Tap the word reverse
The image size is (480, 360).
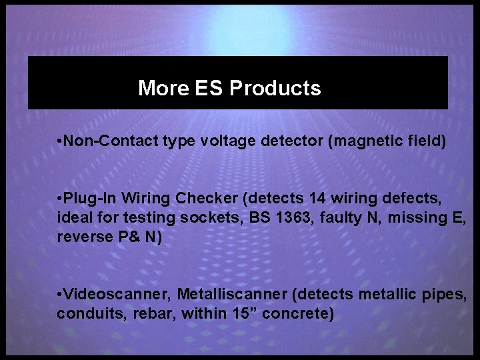point(85,236)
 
